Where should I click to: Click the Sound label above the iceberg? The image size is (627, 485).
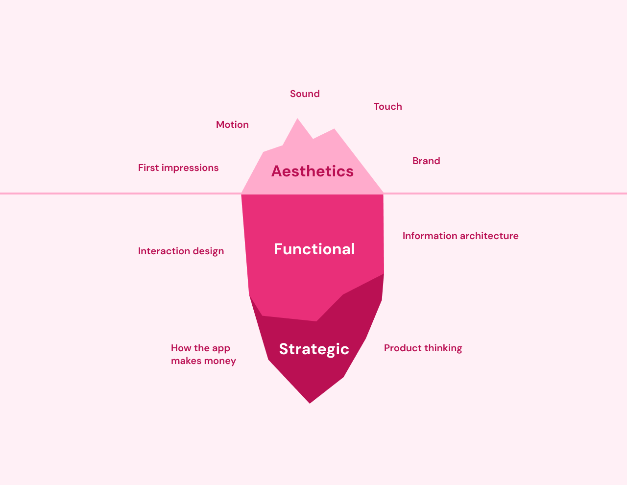(305, 94)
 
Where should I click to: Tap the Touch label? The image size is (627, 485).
(388, 106)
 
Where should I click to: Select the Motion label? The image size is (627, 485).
(232, 124)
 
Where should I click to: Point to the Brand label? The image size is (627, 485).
(426, 161)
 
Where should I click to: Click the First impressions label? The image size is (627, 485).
(178, 168)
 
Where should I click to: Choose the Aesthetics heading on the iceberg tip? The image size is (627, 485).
(312, 171)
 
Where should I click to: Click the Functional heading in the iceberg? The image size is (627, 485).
(314, 249)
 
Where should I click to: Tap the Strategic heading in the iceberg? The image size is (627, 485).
(314, 349)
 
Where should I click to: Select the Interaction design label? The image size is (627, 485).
(181, 251)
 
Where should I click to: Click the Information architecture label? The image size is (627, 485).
(460, 236)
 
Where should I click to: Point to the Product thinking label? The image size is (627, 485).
(423, 348)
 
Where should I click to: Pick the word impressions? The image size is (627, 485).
(190, 168)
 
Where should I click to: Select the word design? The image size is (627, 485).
(208, 251)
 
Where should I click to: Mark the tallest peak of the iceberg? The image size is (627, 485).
(297, 119)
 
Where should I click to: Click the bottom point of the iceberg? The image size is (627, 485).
(310, 403)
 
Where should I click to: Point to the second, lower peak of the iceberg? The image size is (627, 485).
(334, 129)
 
